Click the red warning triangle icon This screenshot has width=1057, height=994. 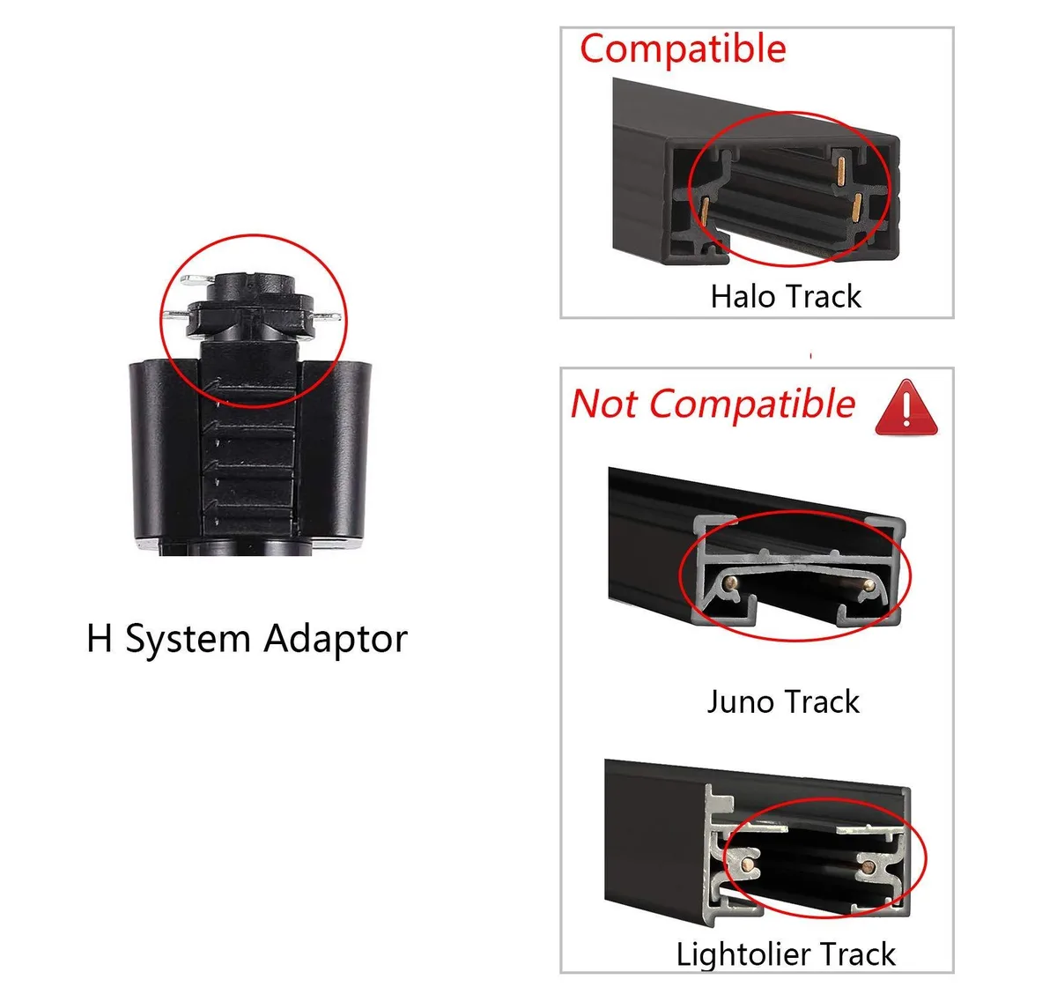point(905,408)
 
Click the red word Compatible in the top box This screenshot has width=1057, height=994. point(683,49)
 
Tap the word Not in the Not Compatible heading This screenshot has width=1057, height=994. point(603,404)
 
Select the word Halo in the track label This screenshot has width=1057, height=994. point(742,296)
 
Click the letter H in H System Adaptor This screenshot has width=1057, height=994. point(100,638)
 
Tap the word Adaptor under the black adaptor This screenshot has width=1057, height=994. point(336,640)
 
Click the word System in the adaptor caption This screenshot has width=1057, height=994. point(188,640)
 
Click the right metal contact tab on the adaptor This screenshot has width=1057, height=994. point(327,317)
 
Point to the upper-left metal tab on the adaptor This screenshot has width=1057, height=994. point(198,279)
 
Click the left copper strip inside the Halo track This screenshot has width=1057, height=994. point(705,210)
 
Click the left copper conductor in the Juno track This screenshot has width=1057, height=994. point(732,582)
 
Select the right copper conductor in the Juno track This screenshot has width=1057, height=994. point(868,585)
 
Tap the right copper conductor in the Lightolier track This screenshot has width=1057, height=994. point(868,868)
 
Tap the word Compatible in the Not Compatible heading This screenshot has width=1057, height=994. point(752,404)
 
